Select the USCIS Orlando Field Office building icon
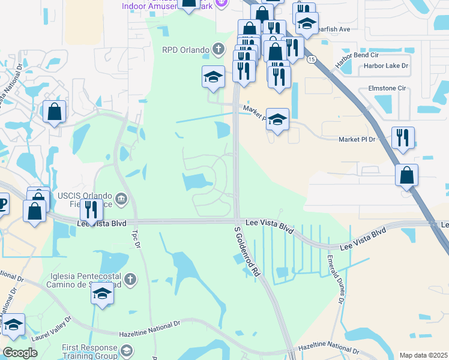click(x=121, y=199)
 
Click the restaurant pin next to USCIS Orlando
click(x=91, y=209)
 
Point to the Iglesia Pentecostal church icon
click(x=130, y=278)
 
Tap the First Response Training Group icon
click(x=126, y=350)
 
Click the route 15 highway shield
click(x=311, y=59)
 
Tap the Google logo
click(x=20, y=353)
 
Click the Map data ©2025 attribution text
click(x=424, y=355)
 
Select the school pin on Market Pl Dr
click(x=277, y=119)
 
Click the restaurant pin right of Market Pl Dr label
click(x=403, y=137)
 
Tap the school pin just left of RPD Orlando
click(x=213, y=77)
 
